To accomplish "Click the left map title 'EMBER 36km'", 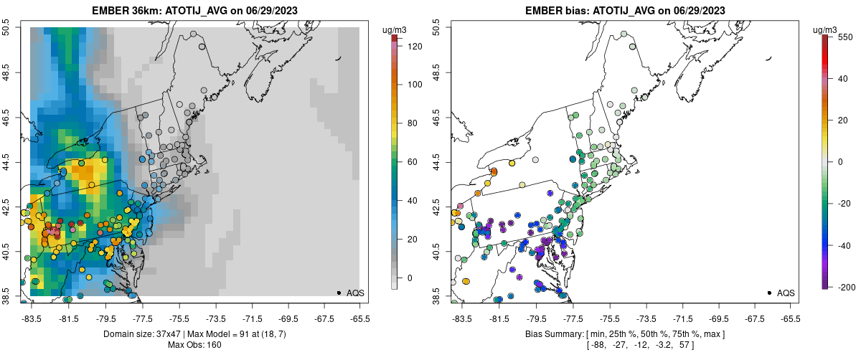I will tap(126, 11).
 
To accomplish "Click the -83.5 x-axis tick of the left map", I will tap(32, 319).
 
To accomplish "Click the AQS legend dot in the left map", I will tap(339, 293).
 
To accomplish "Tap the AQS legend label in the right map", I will tap(786, 293).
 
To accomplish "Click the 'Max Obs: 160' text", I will tap(194, 345).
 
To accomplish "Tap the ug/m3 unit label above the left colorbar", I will tap(395, 29).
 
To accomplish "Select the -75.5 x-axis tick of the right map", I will tap(609, 319).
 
